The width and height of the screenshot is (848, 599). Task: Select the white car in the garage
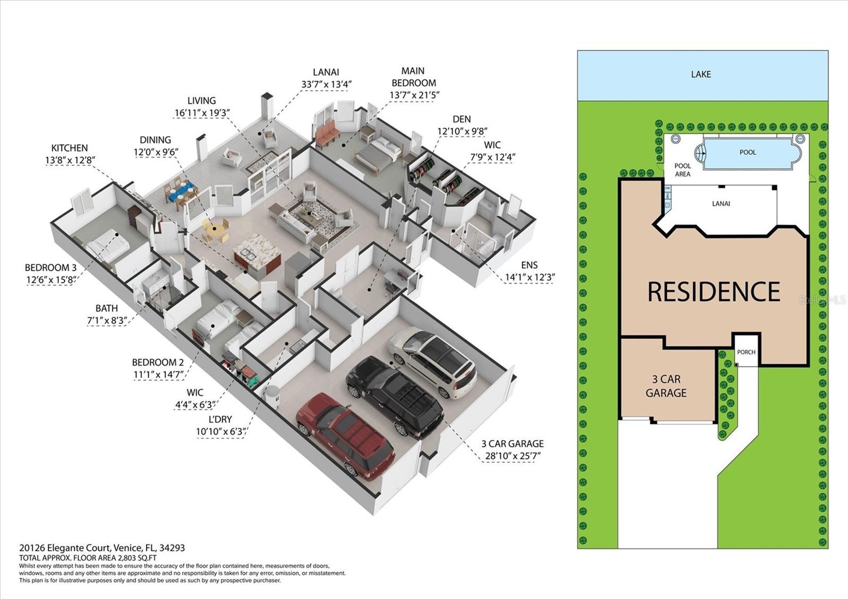click(432, 362)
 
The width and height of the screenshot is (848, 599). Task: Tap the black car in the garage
click(395, 395)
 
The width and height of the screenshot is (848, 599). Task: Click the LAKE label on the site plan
click(701, 75)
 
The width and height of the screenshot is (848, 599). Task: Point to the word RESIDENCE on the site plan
click(713, 292)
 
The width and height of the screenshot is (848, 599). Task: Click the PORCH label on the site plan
click(746, 352)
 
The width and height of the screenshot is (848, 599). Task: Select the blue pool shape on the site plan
click(747, 153)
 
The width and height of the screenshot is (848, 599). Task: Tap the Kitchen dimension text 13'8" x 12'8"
click(70, 160)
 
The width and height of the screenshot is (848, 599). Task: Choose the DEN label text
click(461, 119)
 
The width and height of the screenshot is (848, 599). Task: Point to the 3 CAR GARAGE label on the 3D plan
click(512, 444)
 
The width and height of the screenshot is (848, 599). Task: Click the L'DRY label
click(220, 419)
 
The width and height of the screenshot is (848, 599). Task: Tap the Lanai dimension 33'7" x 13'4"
click(326, 84)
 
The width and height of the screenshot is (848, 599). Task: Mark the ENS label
click(529, 265)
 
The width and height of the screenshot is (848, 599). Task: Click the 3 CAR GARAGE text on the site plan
click(666, 386)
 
